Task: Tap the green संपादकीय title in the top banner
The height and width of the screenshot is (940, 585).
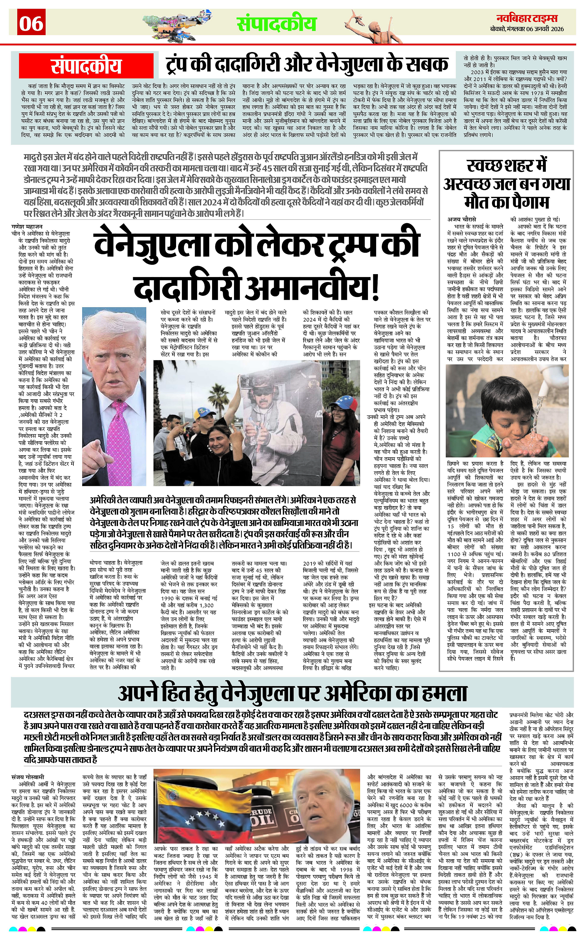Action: (x=277, y=24)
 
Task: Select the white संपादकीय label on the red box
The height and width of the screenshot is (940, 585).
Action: (x=86, y=66)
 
